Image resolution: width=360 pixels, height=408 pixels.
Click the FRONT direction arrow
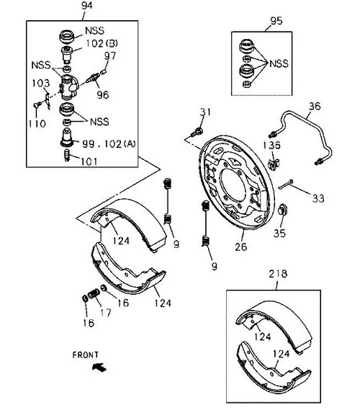click(99, 367)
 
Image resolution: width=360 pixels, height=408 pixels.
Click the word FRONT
click(86, 355)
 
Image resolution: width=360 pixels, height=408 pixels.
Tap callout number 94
click(86, 6)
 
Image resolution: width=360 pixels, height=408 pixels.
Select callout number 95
click(276, 21)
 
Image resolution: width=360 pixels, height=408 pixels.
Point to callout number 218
click(278, 273)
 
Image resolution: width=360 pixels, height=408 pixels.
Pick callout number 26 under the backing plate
click(240, 247)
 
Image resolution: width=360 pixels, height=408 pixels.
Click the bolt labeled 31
click(197, 131)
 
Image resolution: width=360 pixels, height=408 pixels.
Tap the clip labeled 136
click(274, 164)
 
